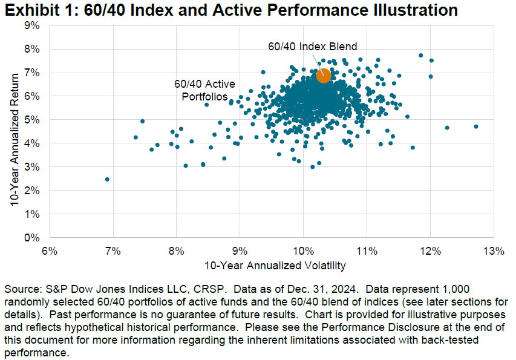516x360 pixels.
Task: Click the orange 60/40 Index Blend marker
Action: coord(323,76)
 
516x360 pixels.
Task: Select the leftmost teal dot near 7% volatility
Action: coord(107,179)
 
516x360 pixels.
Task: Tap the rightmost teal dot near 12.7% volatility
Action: coord(476,126)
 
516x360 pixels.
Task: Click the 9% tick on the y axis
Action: coord(31,25)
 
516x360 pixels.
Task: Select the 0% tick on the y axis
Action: coord(31,238)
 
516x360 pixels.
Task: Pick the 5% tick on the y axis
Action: coord(31,120)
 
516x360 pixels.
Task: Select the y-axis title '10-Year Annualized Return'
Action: coord(13,132)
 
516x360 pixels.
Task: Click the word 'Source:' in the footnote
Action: coord(22,289)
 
